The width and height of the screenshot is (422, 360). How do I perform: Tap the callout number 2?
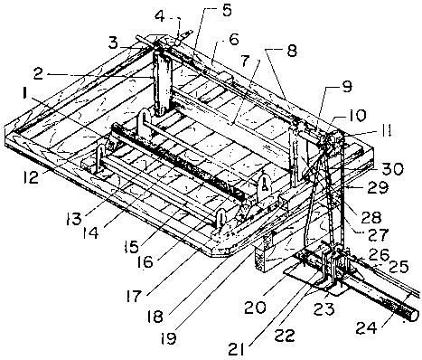39,74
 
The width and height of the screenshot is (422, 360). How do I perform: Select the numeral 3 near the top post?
113,43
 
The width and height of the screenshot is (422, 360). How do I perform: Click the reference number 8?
292,51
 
